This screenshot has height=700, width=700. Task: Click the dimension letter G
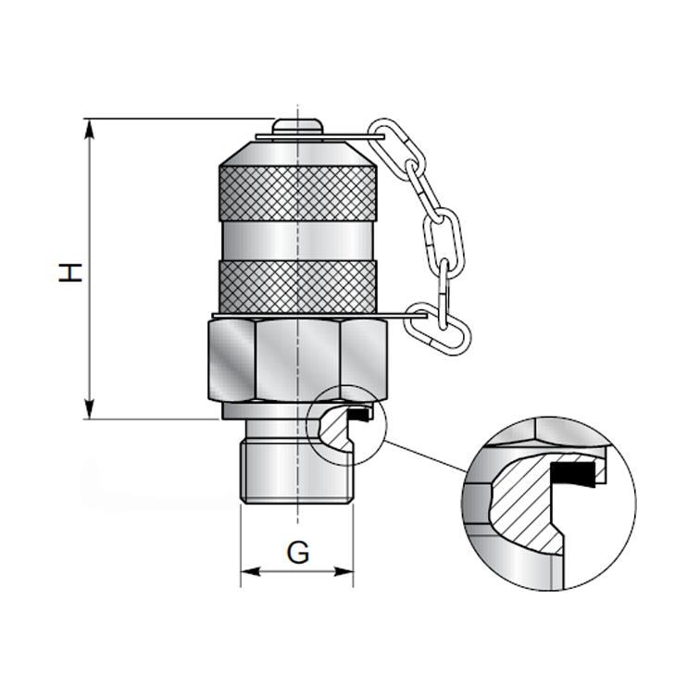pyautogui.click(x=297, y=553)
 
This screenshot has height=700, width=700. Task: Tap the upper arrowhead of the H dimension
pyautogui.click(x=90, y=128)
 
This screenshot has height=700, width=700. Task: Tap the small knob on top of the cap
pyautogui.click(x=297, y=125)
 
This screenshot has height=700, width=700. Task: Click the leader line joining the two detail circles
pyautogui.click(x=426, y=458)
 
